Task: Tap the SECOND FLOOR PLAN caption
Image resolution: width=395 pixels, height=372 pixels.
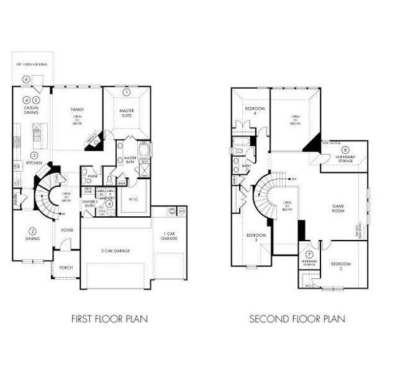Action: click(297, 319)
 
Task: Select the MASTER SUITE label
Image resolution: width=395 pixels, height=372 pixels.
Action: click(127, 112)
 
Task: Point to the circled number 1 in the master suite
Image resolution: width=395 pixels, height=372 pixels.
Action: click(127, 92)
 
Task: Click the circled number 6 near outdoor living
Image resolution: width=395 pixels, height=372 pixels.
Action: click(26, 79)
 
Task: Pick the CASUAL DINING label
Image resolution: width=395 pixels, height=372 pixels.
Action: click(31, 110)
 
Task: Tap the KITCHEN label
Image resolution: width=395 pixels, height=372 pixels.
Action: click(34, 163)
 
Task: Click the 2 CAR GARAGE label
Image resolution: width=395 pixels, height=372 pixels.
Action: click(116, 250)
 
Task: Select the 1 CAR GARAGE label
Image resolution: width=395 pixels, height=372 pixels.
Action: click(169, 236)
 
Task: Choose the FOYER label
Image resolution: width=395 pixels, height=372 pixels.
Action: click(67, 230)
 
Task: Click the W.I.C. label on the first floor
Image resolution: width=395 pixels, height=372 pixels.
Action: click(134, 199)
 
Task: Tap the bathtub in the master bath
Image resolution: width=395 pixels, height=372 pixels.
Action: click(145, 151)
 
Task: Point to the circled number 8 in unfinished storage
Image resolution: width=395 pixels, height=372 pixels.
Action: click(345, 149)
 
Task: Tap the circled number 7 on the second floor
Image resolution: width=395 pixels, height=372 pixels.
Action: click(309, 254)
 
